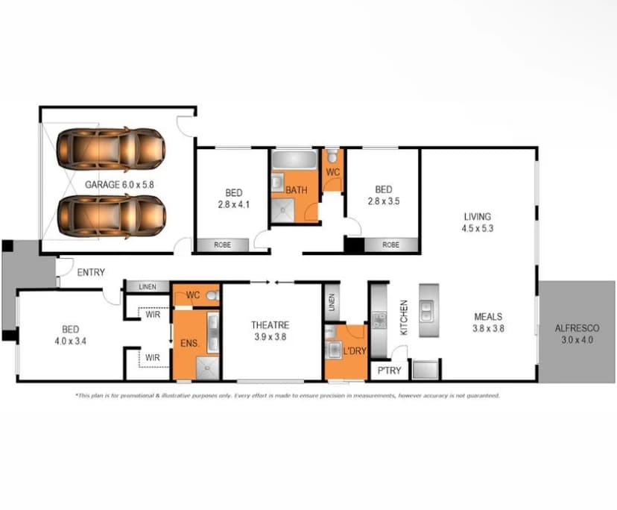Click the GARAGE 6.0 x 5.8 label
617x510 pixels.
point(119,184)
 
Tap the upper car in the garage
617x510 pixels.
point(111,148)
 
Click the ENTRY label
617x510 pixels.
point(91,272)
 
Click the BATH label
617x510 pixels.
point(297,191)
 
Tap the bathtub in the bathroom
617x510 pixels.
point(294,160)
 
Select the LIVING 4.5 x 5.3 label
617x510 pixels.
point(477,223)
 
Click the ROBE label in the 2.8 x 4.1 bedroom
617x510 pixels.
point(222,244)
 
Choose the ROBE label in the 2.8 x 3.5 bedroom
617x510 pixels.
point(390,244)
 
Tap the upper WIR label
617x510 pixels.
point(153,314)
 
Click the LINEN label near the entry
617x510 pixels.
point(145,286)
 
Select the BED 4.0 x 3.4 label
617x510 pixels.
point(71,334)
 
